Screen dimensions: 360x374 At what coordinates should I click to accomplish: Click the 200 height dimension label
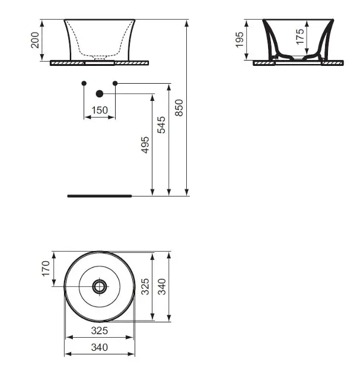point(35,40)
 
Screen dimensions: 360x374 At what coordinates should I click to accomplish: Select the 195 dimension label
point(240,40)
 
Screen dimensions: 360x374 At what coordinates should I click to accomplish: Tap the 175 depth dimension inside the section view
point(300,36)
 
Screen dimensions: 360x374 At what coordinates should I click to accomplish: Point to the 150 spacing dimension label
point(100,110)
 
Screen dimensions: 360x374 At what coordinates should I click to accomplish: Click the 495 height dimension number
point(145,145)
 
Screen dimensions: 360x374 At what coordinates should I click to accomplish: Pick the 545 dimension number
point(161,125)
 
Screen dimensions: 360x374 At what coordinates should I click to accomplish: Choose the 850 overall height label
point(179,108)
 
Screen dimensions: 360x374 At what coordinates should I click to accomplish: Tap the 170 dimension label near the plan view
point(46,268)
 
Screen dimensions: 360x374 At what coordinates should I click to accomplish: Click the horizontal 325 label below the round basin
point(100,331)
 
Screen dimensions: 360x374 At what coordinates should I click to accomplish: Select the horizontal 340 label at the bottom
point(100,347)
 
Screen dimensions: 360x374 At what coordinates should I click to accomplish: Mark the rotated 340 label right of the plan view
point(162,287)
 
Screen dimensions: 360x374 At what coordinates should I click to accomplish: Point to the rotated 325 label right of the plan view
point(145,287)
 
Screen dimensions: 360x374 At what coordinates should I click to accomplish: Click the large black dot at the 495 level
point(100,94)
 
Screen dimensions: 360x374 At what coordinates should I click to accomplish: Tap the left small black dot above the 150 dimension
point(84,83)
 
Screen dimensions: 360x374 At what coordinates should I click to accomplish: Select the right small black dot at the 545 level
point(115,83)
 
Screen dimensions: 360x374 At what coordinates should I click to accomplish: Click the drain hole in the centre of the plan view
point(100,286)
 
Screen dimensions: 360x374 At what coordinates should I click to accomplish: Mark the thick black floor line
point(100,196)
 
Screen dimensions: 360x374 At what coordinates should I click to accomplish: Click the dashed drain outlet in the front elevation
point(100,58)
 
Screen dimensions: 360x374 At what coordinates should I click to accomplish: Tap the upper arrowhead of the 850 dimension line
point(187,23)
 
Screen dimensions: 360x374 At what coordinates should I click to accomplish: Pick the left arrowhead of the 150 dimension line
point(88,117)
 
